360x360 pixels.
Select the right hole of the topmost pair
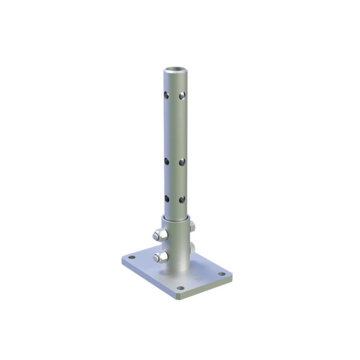182,95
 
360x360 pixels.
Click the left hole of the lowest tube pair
166,199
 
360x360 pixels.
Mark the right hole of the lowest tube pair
182,199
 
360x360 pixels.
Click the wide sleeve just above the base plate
176,267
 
